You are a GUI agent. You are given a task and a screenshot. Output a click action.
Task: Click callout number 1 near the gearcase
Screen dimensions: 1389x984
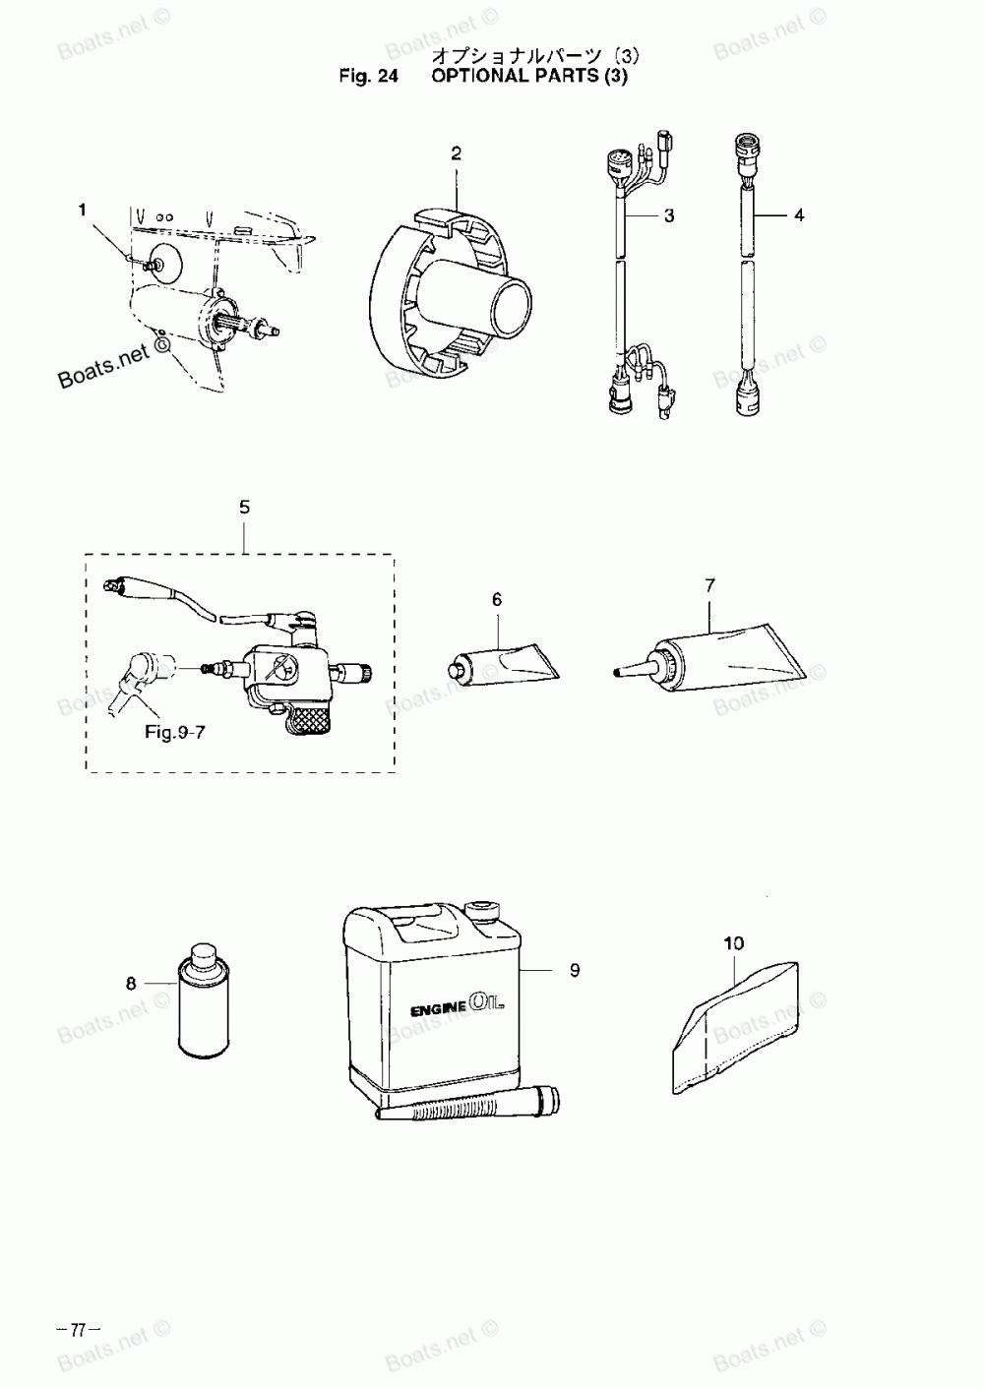(83, 210)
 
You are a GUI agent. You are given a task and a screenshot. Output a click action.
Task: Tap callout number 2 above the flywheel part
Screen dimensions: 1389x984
(457, 153)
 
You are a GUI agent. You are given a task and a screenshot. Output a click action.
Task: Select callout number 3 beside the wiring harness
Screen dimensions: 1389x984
(669, 215)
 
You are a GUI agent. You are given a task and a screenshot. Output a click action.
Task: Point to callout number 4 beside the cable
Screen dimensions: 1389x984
(799, 214)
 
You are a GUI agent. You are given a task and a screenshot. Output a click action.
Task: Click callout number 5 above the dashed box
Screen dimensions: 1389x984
(245, 508)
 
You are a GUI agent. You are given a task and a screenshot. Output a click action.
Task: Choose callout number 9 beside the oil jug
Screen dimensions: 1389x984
(575, 971)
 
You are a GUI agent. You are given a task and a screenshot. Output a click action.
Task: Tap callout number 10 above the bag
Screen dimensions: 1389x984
(734, 943)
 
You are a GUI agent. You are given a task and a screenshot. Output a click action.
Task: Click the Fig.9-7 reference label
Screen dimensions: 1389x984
(175, 732)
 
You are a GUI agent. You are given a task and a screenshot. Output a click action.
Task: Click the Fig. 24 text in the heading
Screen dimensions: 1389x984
(368, 77)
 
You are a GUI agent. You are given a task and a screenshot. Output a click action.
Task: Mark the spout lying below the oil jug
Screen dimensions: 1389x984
(467, 1105)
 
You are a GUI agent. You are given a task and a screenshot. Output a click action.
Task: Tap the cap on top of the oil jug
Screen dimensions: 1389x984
(482, 908)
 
